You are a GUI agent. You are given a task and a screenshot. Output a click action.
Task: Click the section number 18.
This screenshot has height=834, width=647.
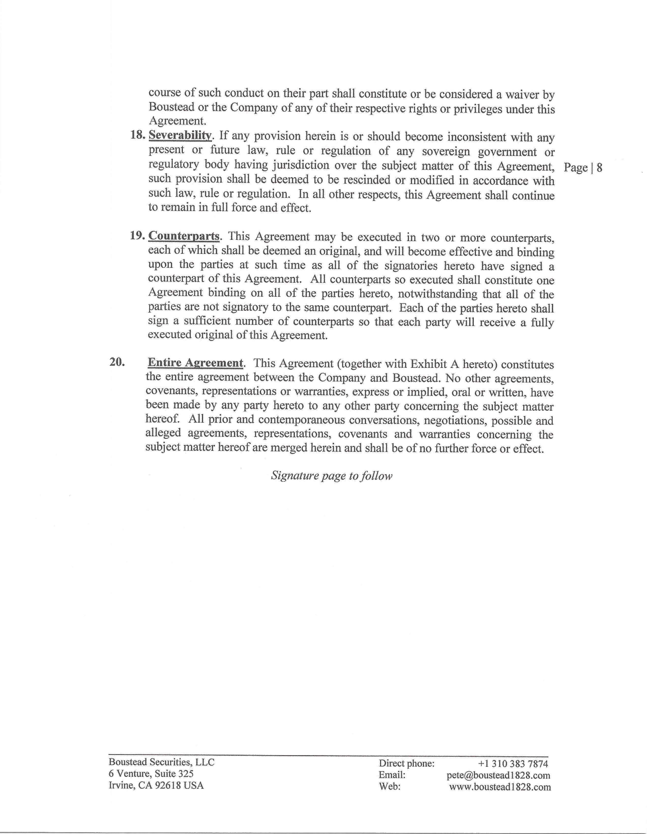tap(138, 135)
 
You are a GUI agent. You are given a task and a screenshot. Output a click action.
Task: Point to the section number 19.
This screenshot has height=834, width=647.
tap(138, 236)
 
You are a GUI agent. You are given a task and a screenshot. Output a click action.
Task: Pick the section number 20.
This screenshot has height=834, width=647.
tap(117, 362)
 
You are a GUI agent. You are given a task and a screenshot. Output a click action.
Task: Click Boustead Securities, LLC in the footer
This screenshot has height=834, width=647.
tap(161, 762)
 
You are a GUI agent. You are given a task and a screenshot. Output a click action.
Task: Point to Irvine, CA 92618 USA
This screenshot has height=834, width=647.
tap(156, 785)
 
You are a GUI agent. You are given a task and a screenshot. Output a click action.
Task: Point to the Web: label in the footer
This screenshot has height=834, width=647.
tap(390, 787)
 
